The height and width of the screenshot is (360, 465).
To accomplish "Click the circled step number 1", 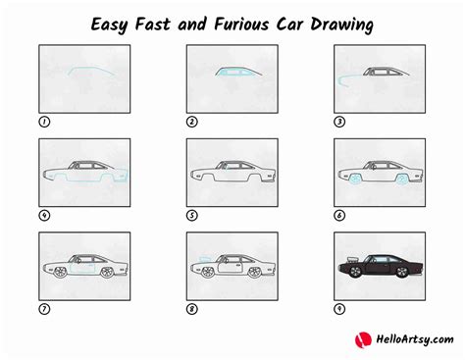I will pos(43,123).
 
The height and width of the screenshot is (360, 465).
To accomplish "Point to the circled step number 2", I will pos(192,123).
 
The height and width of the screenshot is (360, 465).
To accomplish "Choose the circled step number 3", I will pos(340,123).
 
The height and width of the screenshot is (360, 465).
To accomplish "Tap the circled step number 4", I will pos(43,216).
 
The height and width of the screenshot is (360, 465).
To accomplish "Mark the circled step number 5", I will pos(192,216).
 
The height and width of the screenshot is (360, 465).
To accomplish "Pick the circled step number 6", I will pos(340,216).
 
